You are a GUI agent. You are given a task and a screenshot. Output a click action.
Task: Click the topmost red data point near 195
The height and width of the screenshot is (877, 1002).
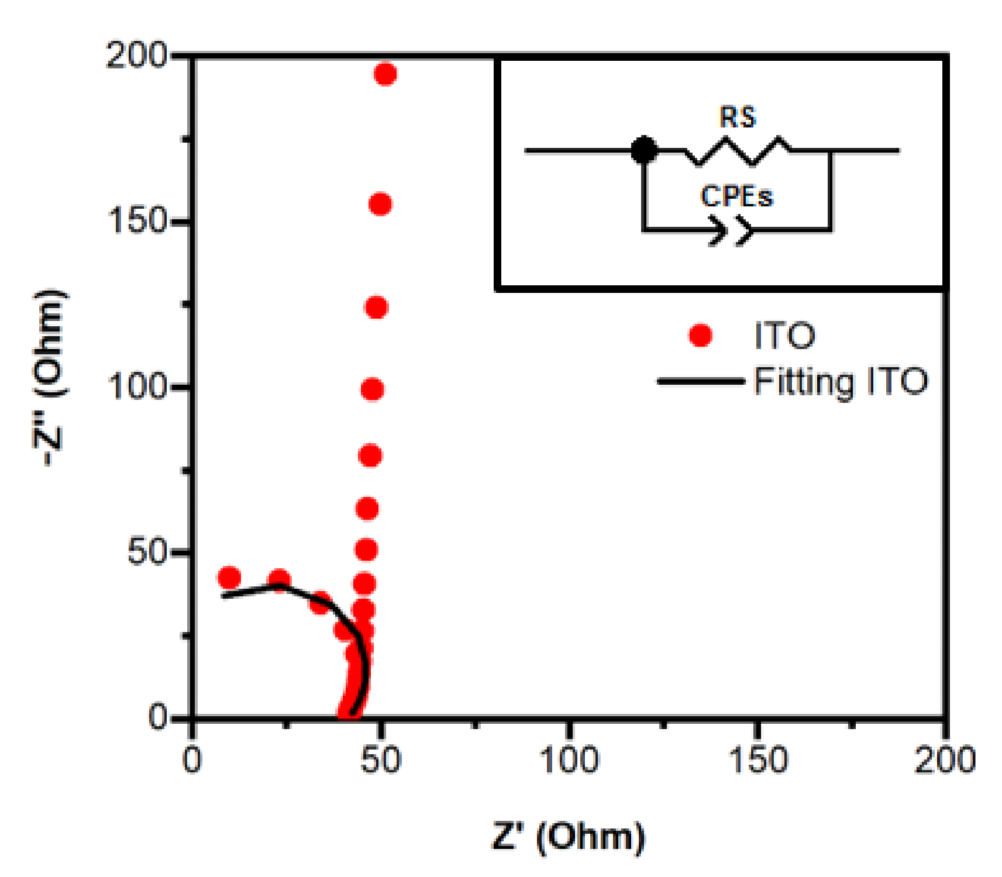pos(385,74)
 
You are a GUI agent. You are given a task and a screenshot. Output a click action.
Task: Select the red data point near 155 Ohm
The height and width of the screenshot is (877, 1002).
pos(380,205)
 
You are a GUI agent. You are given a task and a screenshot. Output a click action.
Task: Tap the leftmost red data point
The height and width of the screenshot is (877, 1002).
pos(229,578)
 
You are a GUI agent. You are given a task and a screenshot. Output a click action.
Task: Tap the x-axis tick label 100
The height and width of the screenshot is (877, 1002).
pos(569,761)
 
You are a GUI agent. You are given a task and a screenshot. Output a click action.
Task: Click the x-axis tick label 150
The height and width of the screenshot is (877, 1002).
pos(757,761)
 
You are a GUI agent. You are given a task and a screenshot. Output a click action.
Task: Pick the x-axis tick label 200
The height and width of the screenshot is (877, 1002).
pos(945,761)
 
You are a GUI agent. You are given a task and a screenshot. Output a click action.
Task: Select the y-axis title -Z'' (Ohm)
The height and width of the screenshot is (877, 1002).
pos(49,377)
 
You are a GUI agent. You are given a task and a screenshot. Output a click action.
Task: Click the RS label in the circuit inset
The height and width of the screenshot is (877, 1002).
pos(738,118)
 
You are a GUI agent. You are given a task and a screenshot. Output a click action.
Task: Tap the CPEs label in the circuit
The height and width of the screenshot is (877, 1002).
pos(736,196)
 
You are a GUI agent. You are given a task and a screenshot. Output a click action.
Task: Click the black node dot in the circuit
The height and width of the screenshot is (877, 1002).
pos(644,150)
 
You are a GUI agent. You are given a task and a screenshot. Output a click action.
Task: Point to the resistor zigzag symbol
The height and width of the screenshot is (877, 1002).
pos(738,151)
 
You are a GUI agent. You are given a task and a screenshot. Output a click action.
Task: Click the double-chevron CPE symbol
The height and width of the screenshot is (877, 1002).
pos(731,230)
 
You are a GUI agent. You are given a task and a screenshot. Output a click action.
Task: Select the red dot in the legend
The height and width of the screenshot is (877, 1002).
pos(700,336)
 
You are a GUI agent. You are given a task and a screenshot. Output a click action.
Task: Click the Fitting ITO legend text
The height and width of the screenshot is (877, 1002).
pos(841,382)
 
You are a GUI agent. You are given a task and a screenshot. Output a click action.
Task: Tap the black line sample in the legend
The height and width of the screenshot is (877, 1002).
pos(700,382)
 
